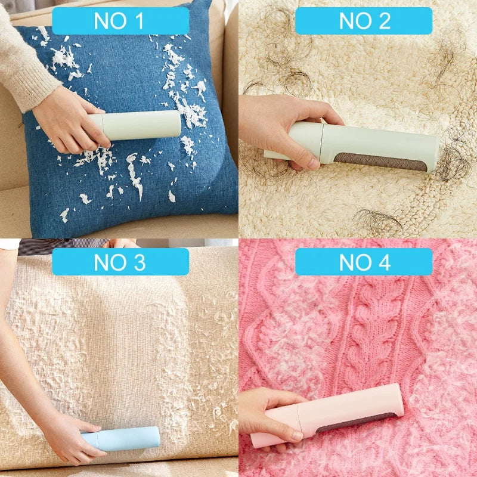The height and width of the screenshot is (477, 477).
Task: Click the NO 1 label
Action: pos(120,21)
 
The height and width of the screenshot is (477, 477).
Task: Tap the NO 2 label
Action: pos(363,21)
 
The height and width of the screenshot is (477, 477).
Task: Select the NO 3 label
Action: pos(120,262)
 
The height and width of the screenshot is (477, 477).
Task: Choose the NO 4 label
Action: pos(363,262)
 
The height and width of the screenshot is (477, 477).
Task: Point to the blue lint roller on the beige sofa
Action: pos(122,438)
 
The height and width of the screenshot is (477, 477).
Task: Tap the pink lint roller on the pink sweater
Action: pos(340,417)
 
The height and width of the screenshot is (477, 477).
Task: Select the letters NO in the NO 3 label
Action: pos(110,262)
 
